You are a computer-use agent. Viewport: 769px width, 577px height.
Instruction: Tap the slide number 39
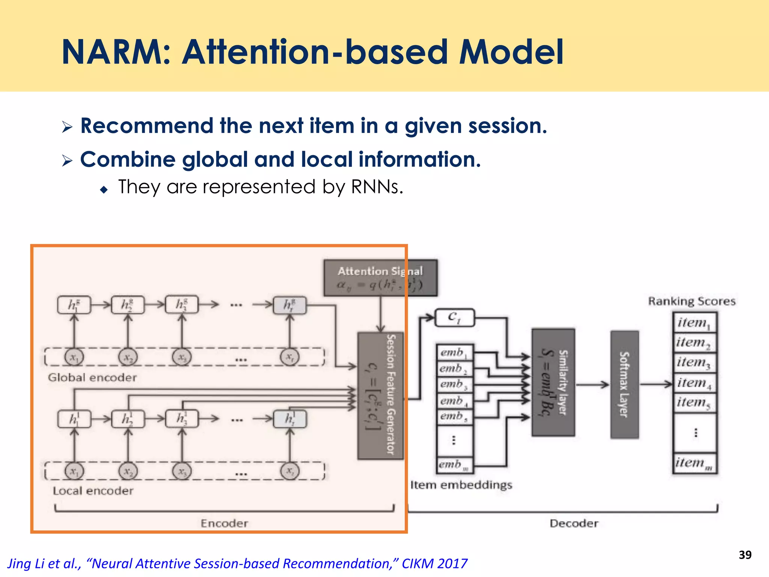click(x=745, y=555)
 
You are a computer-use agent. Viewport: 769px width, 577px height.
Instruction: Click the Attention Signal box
click(x=380, y=278)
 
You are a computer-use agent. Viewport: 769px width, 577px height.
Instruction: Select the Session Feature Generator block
click(x=380, y=395)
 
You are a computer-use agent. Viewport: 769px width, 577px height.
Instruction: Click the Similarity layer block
click(x=553, y=382)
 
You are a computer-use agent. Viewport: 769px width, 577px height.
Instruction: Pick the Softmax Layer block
click(x=624, y=384)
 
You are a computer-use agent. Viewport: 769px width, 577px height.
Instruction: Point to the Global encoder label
click(x=92, y=377)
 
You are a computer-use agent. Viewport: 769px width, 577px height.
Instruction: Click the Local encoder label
click(x=93, y=491)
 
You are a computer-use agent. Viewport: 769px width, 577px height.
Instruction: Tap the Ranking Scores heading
click(x=692, y=301)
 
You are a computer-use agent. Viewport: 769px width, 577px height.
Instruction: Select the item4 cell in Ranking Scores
click(x=695, y=383)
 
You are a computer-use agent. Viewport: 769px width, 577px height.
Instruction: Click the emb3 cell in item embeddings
click(x=454, y=384)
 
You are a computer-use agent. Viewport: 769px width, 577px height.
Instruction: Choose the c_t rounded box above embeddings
click(x=454, y=318)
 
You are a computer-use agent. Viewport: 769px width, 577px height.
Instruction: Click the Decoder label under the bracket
click(x=574, y=523)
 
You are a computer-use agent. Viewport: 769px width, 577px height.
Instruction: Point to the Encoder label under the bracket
click(x=224, y=523)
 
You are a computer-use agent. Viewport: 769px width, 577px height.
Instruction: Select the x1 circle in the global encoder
click(x=74, y=357)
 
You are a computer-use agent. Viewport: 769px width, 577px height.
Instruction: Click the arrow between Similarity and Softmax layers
click(x=592, y=384)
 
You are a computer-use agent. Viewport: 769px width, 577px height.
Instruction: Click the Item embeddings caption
click(x=461, y=485)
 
